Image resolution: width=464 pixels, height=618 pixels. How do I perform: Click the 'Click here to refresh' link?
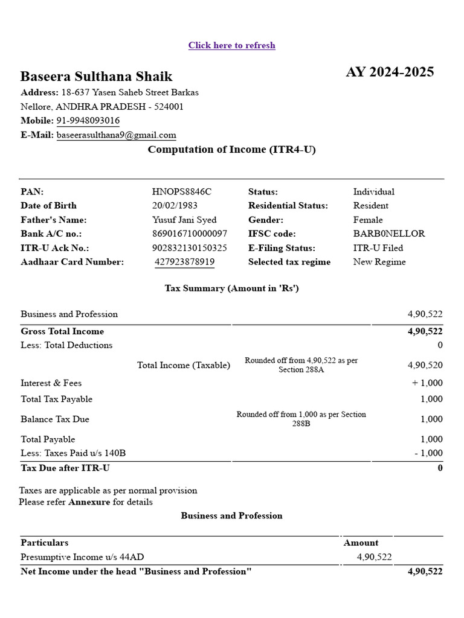231,45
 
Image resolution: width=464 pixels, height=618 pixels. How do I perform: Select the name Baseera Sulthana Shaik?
96,77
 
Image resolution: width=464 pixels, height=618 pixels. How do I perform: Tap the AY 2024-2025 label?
390,72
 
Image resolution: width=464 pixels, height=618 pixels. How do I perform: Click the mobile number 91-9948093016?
88,121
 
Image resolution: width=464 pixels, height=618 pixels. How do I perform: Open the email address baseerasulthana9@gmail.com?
116,135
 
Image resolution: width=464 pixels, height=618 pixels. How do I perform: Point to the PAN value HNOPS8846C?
181,192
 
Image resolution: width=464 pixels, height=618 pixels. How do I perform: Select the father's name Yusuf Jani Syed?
184,220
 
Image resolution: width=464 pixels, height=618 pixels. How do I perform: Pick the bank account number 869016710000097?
189,234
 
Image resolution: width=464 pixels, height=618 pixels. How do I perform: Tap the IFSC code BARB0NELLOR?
388,234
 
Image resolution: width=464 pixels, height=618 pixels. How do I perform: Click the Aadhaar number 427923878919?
184,262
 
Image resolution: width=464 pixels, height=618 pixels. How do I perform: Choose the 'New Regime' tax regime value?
379,262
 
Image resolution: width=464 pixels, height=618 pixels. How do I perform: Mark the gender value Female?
367,220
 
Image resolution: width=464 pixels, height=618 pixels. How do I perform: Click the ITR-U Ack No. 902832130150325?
189,248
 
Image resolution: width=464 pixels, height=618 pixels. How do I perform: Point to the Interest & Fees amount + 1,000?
427,383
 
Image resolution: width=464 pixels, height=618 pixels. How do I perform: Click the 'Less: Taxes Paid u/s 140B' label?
73,453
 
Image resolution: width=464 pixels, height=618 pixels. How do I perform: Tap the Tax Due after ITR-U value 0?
440,468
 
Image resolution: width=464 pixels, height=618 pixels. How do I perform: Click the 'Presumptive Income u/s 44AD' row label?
82,557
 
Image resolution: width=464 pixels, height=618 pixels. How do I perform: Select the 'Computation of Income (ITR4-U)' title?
231,150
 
